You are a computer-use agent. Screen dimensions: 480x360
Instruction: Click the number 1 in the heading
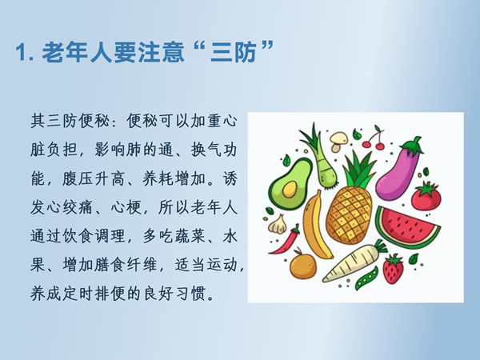click(21, 52)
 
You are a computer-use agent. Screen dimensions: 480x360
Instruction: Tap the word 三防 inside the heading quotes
click(234, 52)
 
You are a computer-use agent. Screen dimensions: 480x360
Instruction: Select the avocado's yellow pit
click(290, 189)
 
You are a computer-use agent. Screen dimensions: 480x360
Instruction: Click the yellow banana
click(315, 225)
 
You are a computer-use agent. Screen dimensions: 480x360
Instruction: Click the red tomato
click(426, 196)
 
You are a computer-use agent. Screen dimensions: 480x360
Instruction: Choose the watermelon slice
click(406, 226)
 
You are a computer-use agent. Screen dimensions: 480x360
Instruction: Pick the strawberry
click(393, 269)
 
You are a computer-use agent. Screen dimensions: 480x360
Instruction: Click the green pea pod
click(366, 278)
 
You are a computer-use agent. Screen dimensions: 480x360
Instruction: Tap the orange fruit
click(302, 265)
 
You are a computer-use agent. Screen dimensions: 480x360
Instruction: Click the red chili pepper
click(286, 240)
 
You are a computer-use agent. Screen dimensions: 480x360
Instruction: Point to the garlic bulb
click(278, 225)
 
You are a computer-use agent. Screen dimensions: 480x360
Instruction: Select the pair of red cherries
click(374, 139)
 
